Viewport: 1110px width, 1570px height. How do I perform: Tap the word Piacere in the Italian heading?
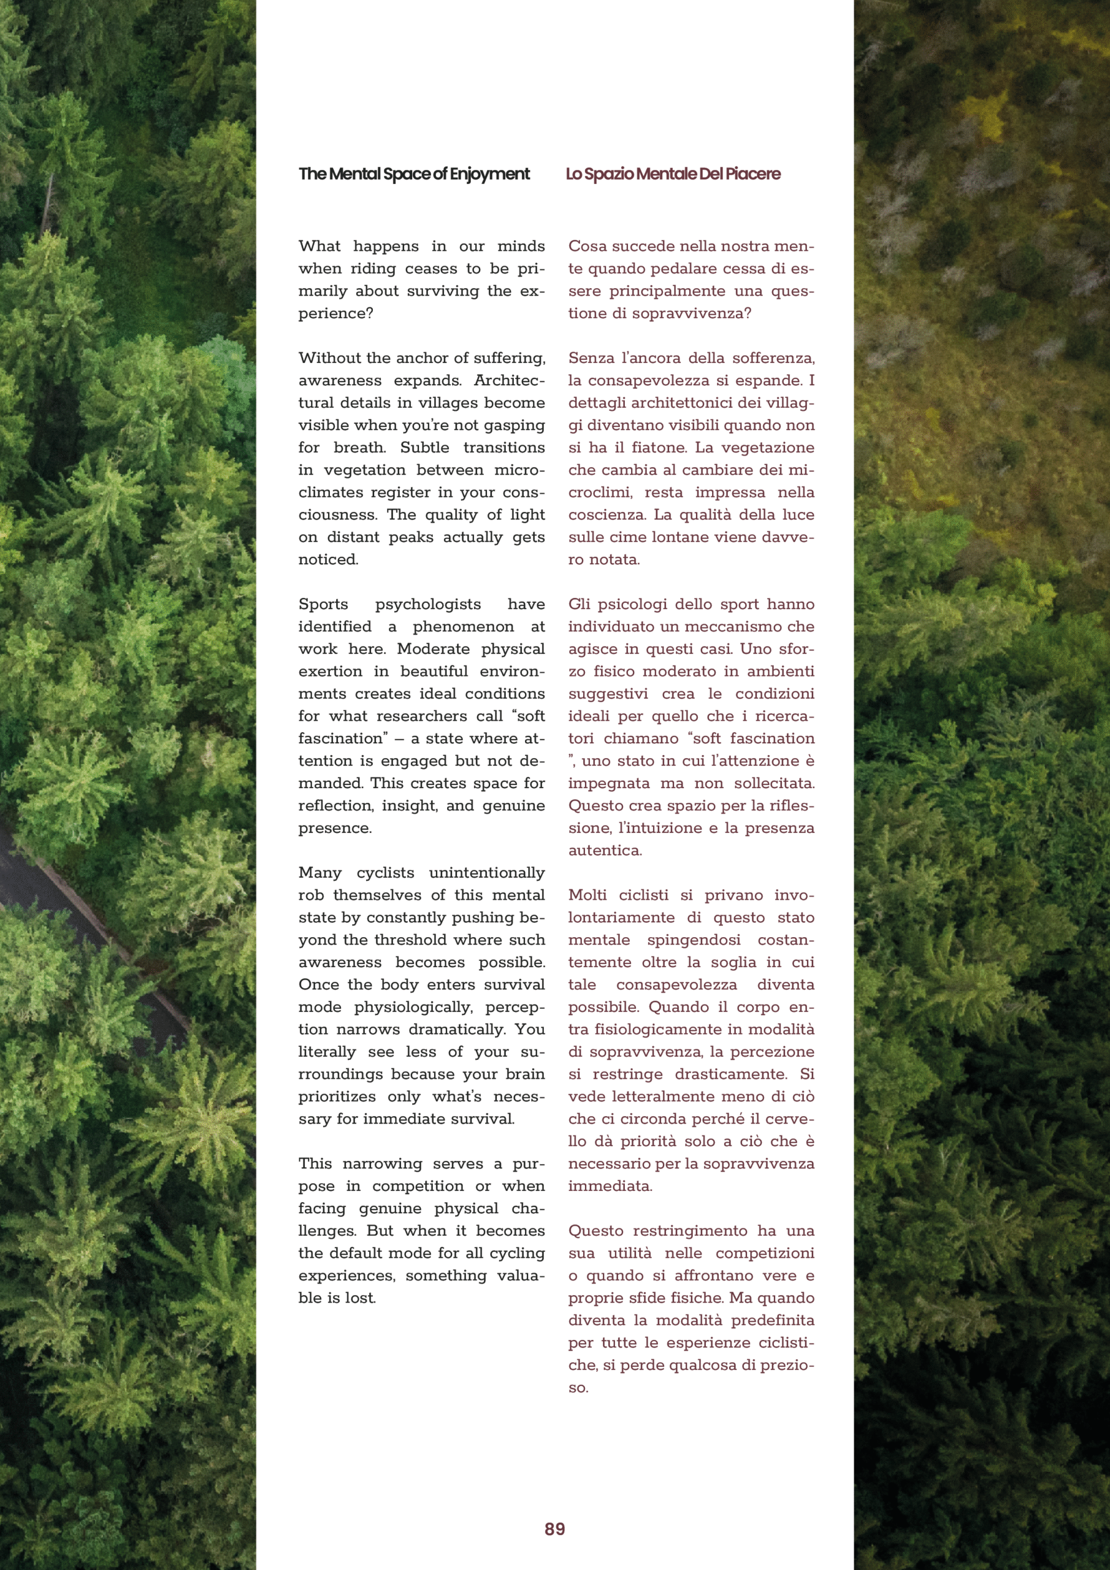click(752, 174)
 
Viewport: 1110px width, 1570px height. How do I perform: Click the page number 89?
click(554, 1529)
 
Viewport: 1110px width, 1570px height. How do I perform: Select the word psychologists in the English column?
click(427, 605)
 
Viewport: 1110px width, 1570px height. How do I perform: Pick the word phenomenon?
click(463, 627)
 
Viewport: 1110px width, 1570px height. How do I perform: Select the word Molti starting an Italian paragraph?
click(588, 895)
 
